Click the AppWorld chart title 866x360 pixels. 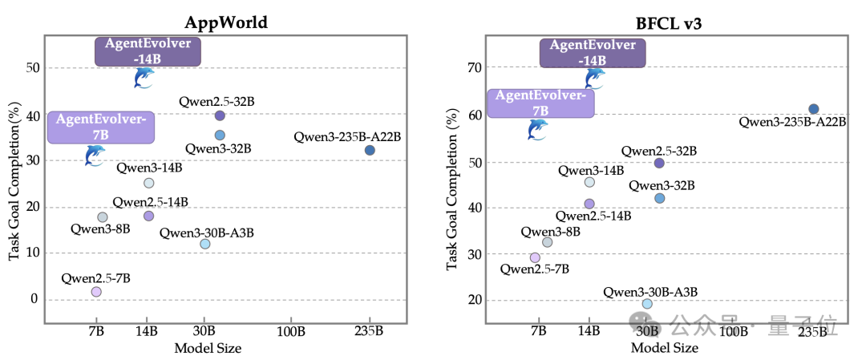[x=226, y=22]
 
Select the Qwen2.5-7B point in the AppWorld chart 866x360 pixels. [x=96, y=291]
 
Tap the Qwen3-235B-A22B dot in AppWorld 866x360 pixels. [x=370, y=150]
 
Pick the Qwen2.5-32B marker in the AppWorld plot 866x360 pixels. [x=219, y=115]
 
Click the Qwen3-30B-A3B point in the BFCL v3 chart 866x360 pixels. [x=647, y=304]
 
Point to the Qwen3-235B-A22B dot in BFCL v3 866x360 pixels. [x=813, y=109]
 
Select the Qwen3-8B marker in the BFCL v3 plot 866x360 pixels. [x=547, y=242]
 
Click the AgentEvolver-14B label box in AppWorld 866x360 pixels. [x=148, y=51]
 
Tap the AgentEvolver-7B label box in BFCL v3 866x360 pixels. [x=540, y=103]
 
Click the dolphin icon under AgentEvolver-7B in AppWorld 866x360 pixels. [x=95, y=156]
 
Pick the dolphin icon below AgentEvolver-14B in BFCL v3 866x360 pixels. [x=594, y=79]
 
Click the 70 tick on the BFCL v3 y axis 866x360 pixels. [x=475, y=67]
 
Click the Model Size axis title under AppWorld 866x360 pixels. [x=208, y=349]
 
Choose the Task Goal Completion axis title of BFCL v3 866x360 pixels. [x=452, y=189]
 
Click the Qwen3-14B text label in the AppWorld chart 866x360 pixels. [x=148, y=168]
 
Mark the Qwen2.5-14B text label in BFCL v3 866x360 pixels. [x=593, y=216]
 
